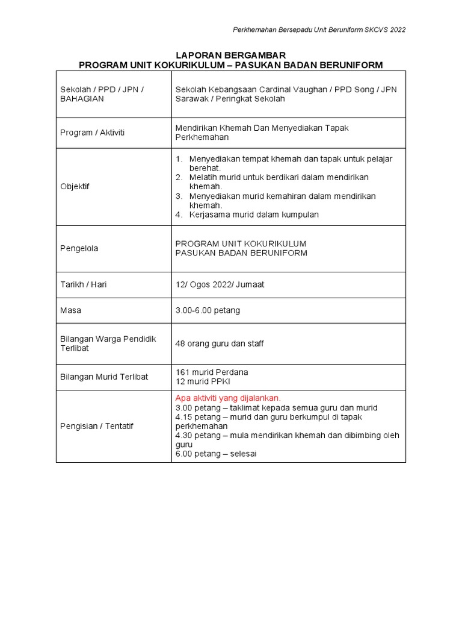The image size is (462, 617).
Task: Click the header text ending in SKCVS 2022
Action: [319, 30]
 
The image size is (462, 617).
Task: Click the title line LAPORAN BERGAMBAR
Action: [231, 55]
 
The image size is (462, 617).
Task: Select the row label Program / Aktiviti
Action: [92, 133]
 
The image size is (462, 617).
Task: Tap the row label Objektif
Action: [75, 187]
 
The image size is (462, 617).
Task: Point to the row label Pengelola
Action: [79, 248]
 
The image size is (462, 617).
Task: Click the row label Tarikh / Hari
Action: [84, 284]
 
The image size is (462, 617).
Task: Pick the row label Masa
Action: [70, 310]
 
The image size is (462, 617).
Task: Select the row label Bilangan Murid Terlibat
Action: [104, 377]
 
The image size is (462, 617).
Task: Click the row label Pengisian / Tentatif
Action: [97, 426]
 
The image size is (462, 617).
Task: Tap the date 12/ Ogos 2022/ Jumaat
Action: [220, 284]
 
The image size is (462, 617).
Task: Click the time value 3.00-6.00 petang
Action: [208, 310]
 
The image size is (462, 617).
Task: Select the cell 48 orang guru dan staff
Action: [220, 343]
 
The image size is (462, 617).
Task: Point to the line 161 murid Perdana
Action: [212, 372]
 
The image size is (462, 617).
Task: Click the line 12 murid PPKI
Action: [203, 381]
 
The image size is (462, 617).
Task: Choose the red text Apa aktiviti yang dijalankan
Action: [228, 398]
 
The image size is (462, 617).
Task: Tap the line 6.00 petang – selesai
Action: [216, 454]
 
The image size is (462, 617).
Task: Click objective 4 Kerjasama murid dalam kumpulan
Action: [254, 215]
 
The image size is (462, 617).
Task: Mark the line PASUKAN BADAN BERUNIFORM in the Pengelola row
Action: [241, 253]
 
